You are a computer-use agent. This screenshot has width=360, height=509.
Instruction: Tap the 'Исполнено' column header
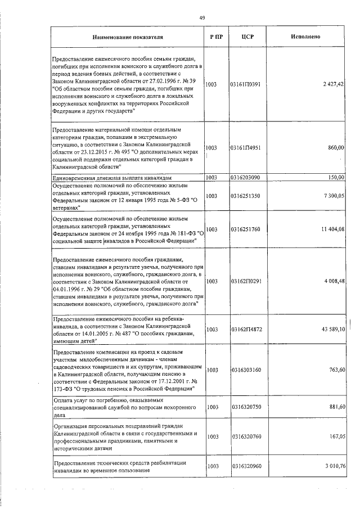[306, 37]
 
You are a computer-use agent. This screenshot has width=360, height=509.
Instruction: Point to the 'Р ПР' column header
[215, 37]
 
